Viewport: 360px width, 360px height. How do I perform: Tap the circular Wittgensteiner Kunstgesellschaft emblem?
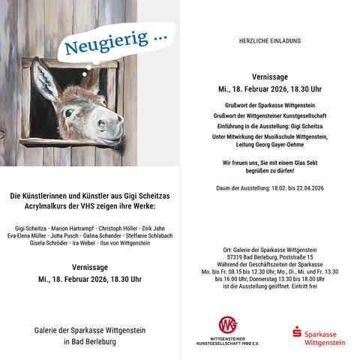coord(226,325)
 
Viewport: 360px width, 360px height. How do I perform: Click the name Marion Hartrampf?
coord(70,226)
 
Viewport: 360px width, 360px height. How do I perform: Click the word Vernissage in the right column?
coord(269,76)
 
